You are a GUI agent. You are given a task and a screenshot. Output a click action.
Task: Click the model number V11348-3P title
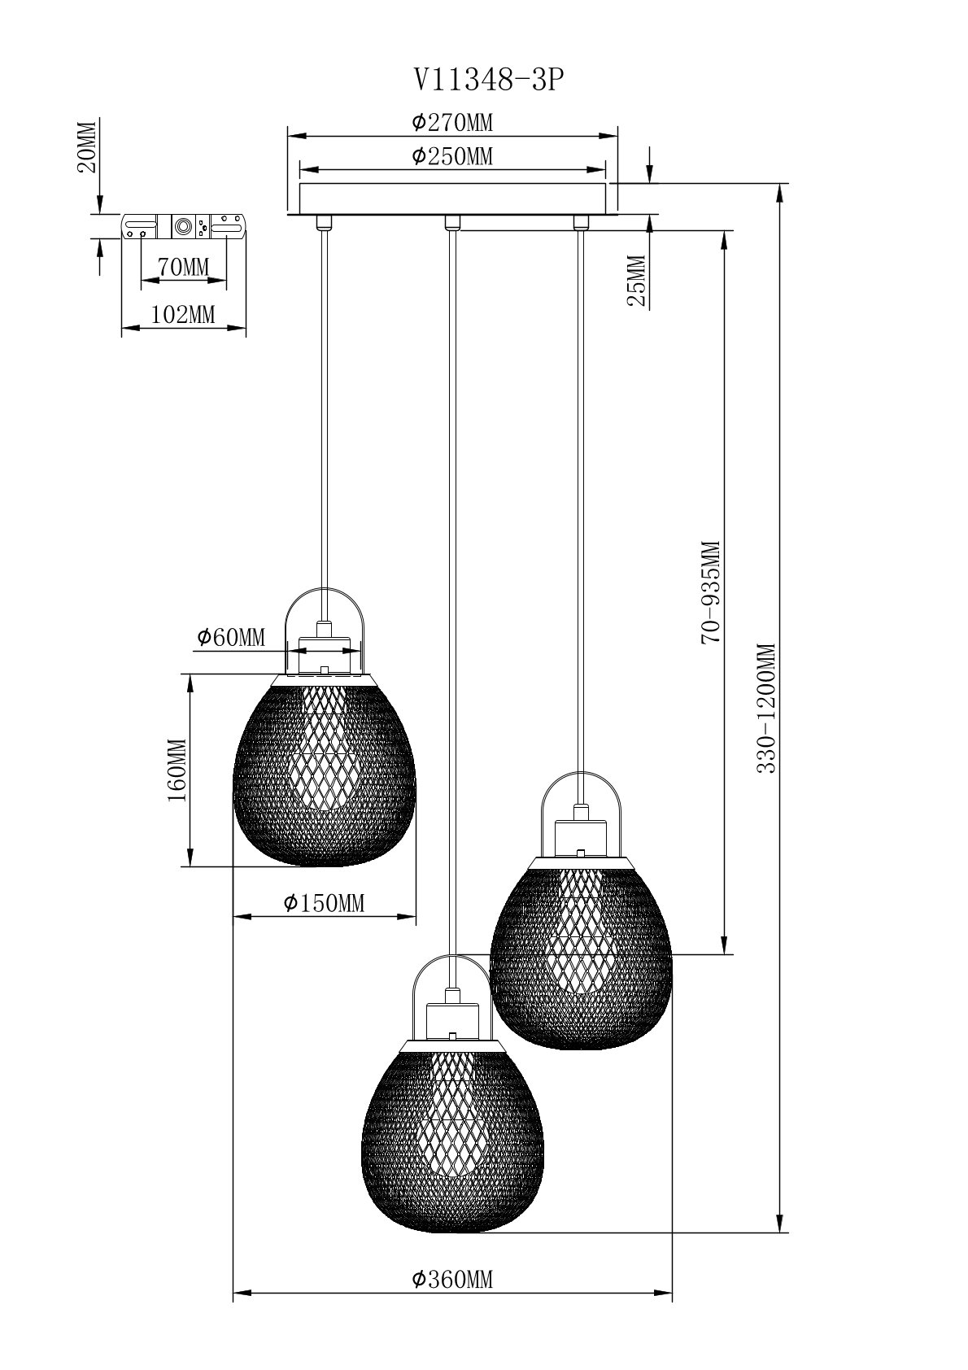(487, 80)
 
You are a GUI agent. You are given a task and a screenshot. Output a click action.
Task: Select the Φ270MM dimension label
(452, 123)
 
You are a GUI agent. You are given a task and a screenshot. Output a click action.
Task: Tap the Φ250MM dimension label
(452, 156)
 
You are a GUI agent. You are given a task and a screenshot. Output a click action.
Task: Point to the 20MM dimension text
(87, 147)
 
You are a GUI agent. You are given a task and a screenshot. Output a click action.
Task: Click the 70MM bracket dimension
(184, 268)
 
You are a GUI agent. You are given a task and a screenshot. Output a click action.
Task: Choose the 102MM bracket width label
(183, 315)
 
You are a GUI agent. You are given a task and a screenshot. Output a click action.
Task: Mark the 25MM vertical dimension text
(637, 280)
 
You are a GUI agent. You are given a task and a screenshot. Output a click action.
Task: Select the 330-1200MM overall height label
(766, 708)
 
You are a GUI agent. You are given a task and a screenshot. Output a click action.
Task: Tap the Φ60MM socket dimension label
(231, 637)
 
